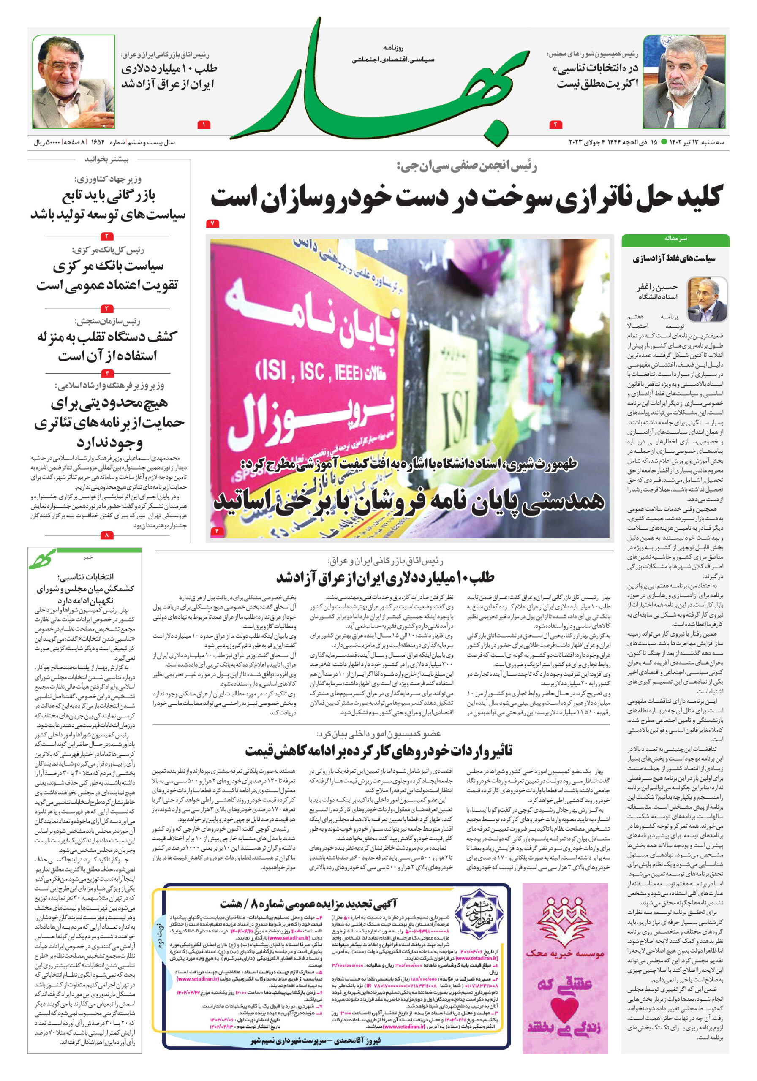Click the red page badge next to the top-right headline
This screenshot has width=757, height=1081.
coord(555,125)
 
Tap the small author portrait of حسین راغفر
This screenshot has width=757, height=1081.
coord(706,299)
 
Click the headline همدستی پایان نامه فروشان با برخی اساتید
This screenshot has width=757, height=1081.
coord(409,501)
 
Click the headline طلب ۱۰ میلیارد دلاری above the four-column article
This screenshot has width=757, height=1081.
coord(385,578)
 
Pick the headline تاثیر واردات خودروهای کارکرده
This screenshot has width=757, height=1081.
coord(379,750)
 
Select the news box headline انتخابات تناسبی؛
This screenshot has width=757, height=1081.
coord(85,576)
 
